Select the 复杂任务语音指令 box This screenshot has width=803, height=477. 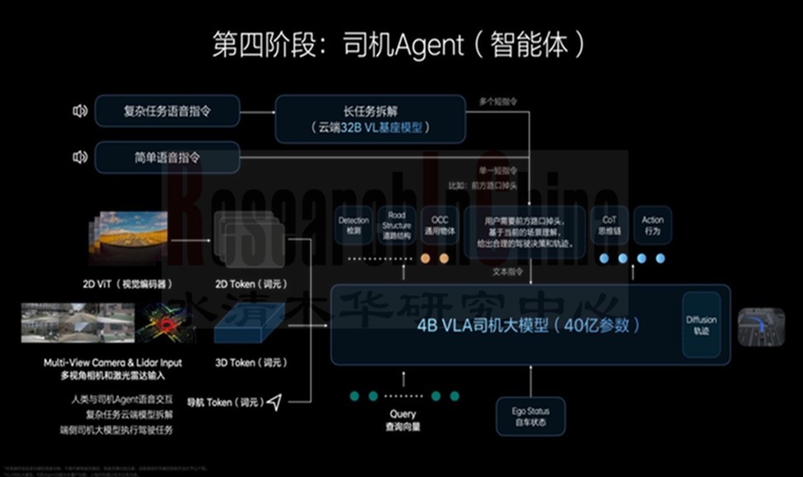(x=168, y=111)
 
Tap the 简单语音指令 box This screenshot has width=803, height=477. (x=168, y=157)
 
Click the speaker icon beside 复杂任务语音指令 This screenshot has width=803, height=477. (x=80, y=111)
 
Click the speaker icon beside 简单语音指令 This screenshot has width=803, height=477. (x=80, y=157)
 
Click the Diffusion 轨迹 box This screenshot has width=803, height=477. (x=701, y=325)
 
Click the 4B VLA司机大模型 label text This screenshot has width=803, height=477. (x=529, y=325)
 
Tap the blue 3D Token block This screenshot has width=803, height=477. (x=249, y=323)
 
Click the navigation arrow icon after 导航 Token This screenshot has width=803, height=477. (x=274, y=403)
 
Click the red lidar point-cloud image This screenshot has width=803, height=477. (x=165, y=325)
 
